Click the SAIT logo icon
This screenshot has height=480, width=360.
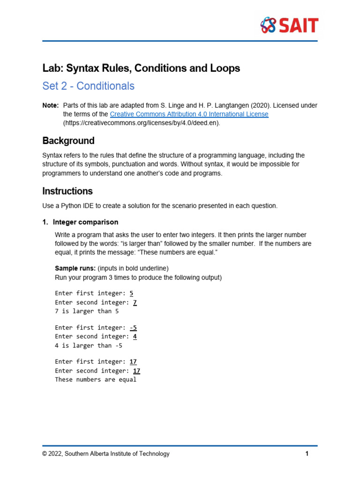coord(268,25)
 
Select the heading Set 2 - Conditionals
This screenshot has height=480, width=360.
coord(88,86)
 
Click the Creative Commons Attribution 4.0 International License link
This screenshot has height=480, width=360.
coord(189,114)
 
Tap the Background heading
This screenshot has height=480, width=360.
coord(68,141)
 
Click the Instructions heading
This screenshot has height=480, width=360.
coord(67,191)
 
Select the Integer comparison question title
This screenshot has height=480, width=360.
coord(85,222)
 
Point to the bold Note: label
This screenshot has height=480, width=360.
coord(51,105)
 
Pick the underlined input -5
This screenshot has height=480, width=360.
coord(133,328)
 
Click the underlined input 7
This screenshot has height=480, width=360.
coord(135,302)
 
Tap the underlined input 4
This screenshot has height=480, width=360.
coord(135,337)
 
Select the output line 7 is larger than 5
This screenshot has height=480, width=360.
coord(87,311)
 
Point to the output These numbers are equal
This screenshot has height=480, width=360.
coord(96,380)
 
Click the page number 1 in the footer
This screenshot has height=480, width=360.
coord(307,454)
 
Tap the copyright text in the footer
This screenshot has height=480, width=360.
coord(106,454)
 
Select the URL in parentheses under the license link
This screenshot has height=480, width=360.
coord(141,123)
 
